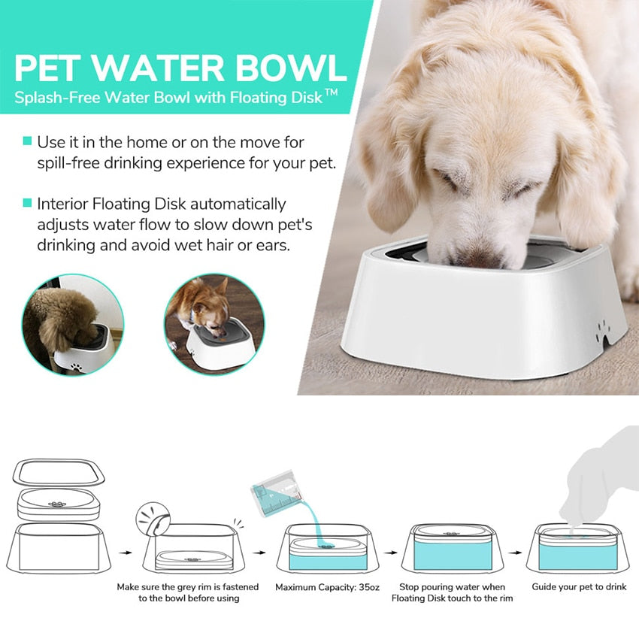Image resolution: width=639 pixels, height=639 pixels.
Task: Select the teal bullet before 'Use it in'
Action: pos(27,141)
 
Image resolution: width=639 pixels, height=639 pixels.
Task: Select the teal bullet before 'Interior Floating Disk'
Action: pos(27,203)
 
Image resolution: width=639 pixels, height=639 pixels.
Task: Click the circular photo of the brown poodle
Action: pos(72,324)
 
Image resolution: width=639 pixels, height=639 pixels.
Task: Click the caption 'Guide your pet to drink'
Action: pos(579,586)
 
